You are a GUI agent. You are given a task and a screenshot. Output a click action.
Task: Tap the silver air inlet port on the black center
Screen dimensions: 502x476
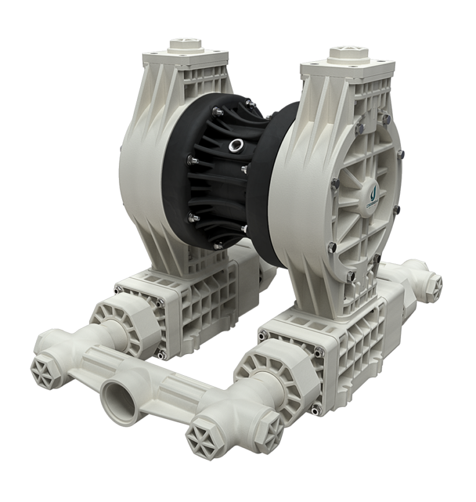click(235, 145)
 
